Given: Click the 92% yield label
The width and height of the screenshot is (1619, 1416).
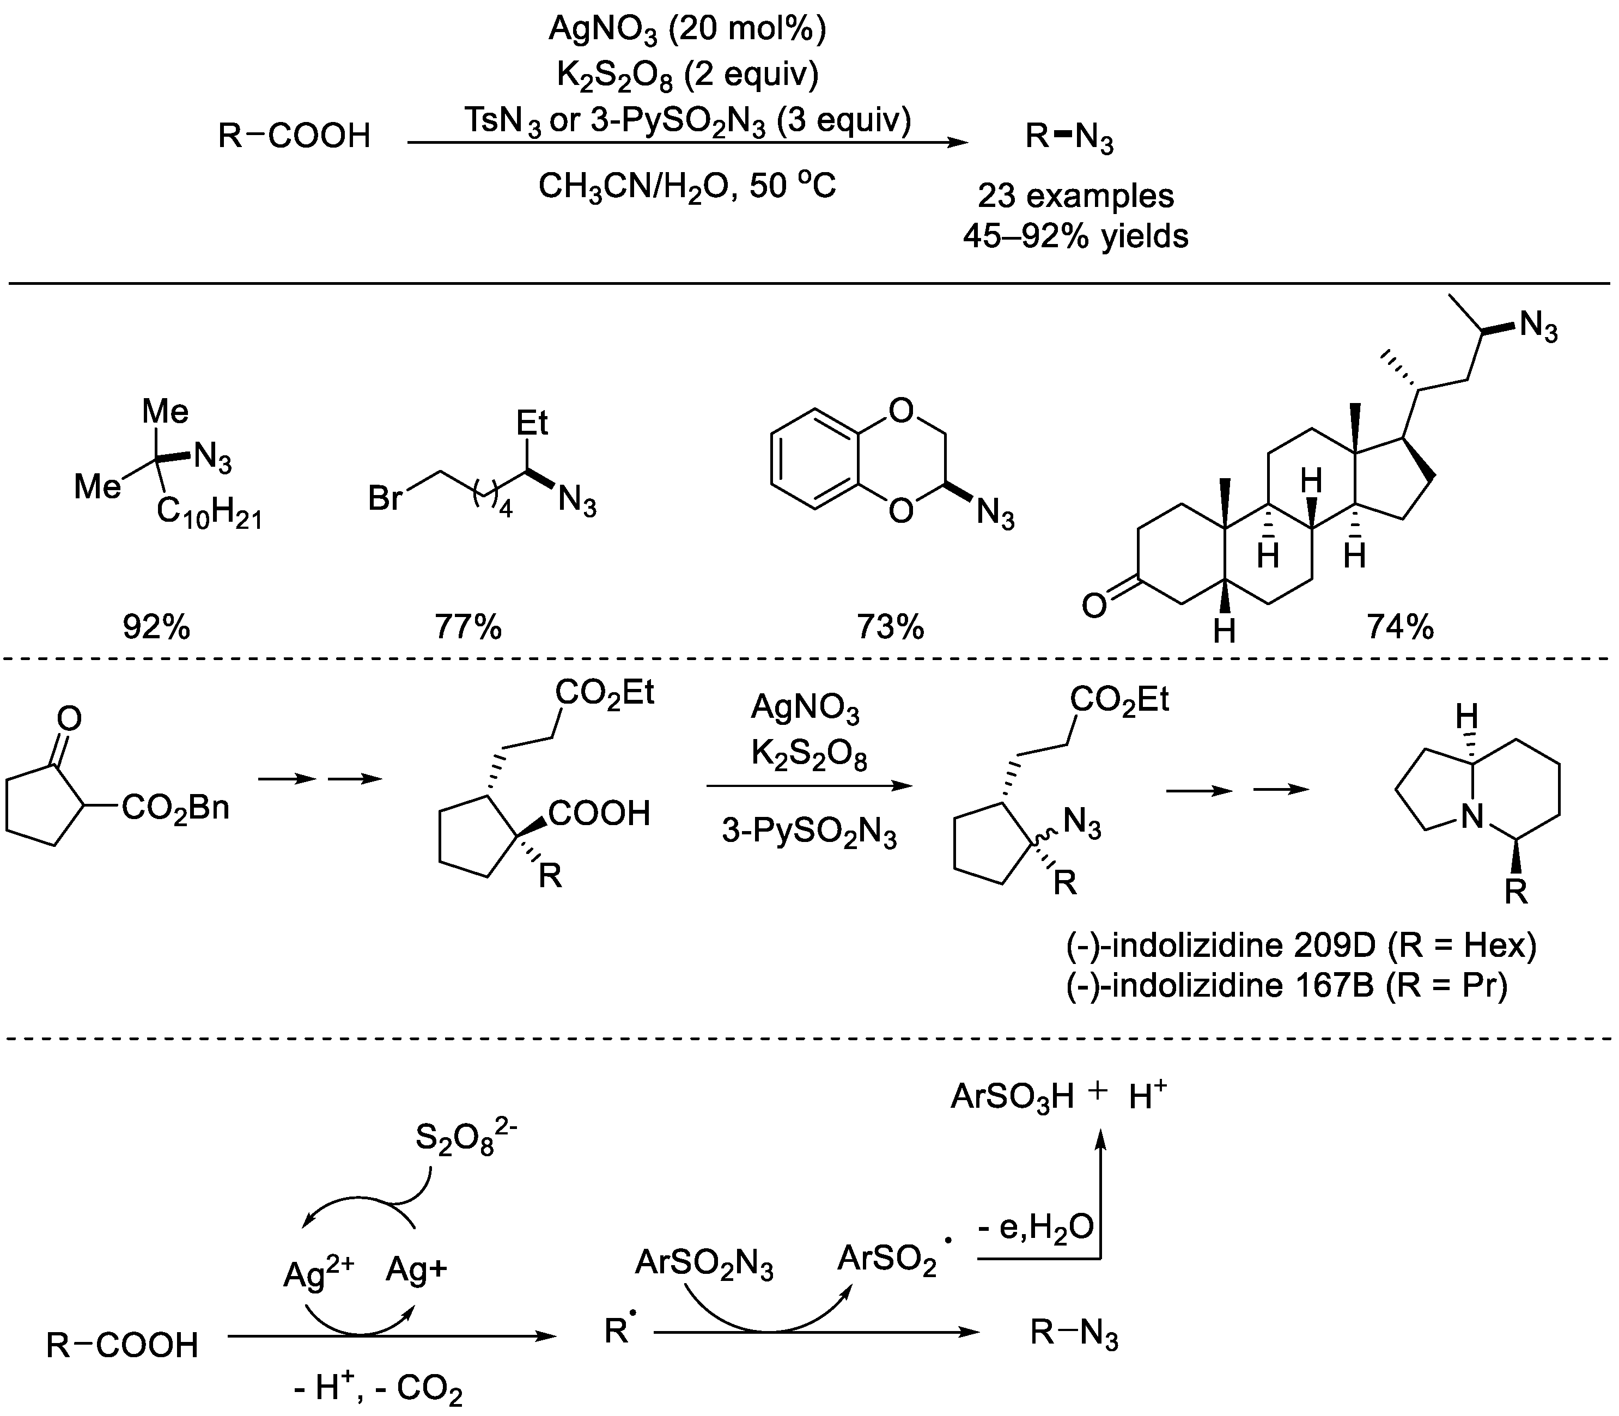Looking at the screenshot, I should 156,627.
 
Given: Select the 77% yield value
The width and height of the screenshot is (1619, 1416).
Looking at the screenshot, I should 468,627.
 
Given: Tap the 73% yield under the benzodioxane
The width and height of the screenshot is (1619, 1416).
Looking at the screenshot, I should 890,627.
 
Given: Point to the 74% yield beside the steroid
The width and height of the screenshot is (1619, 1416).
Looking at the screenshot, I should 1400,627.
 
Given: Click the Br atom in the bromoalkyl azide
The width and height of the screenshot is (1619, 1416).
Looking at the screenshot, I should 385,499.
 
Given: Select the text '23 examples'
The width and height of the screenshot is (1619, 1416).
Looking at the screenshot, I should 1075,195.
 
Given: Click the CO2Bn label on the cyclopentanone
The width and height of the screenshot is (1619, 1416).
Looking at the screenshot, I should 175,808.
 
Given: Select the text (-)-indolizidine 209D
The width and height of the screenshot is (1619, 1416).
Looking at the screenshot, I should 1218,945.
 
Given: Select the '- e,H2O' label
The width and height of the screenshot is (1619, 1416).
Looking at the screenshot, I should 1036,1227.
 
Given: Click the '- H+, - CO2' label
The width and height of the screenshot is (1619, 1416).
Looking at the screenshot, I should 377,1388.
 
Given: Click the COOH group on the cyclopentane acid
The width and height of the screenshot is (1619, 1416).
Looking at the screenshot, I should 599,813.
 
